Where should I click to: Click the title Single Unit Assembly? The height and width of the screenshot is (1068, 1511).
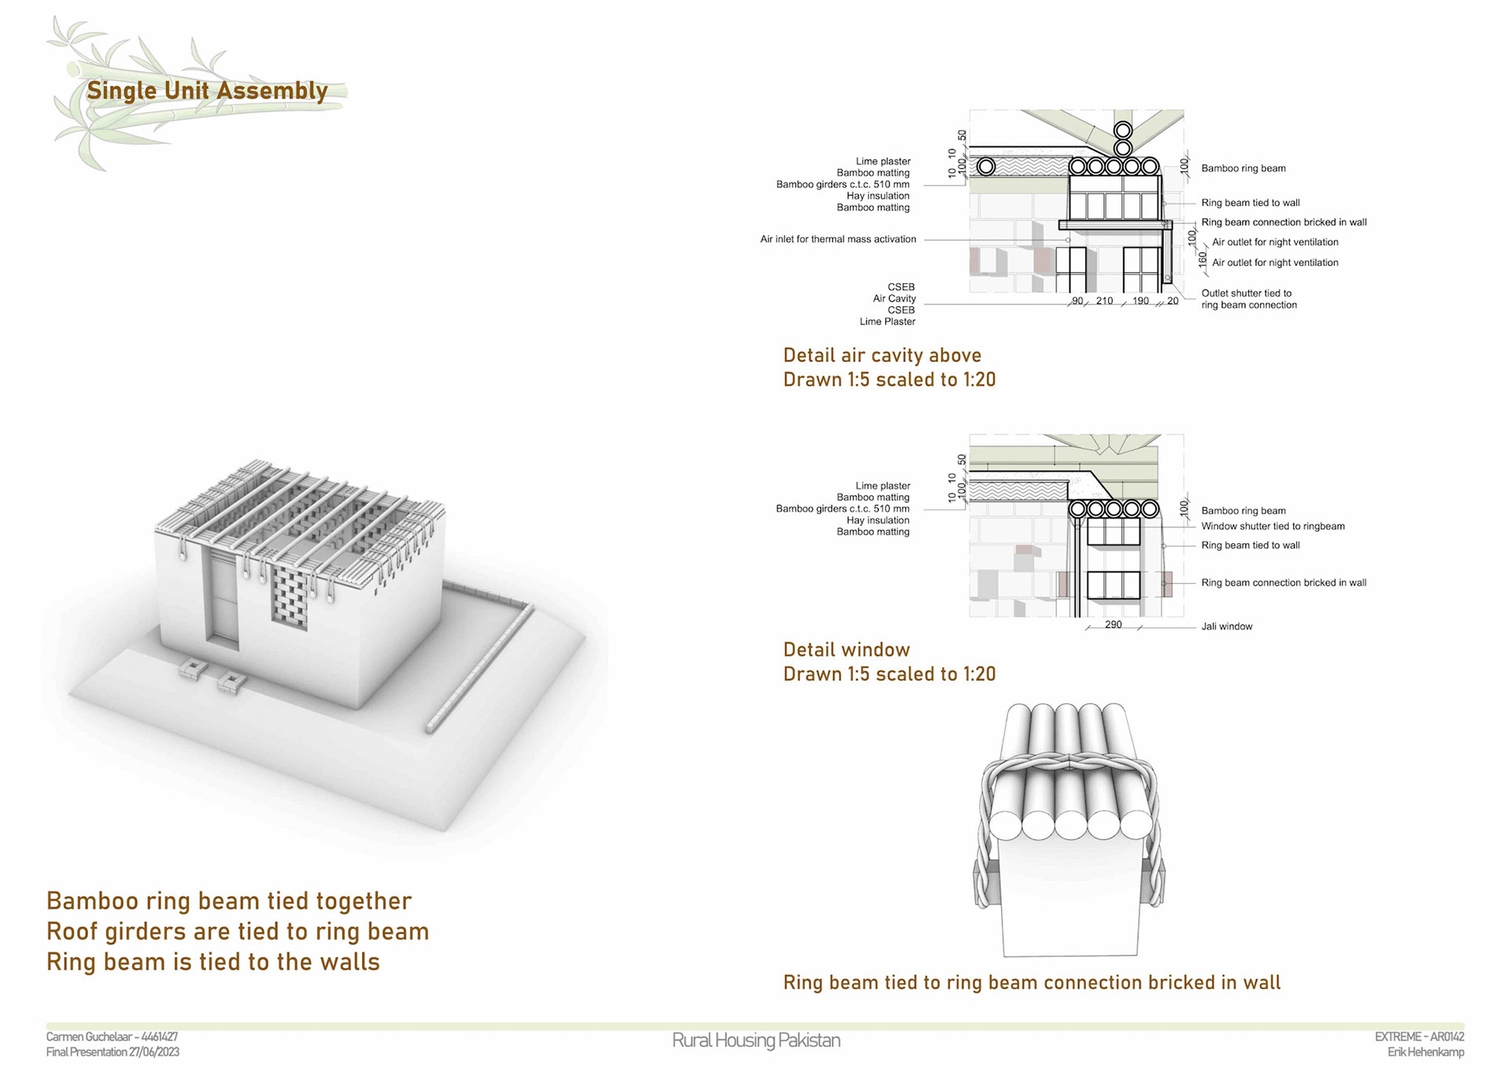click(207, 91)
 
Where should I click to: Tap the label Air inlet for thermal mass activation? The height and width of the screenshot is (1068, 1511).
click(837, 239)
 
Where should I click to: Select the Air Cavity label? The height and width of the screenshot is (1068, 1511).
click(894, 298)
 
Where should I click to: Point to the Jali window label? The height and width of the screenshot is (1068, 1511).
click(1226, 626)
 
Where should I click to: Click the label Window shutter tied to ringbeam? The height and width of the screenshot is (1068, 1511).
click(1273, 527)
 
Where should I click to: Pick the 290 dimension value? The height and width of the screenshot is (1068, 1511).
click(1113, 624)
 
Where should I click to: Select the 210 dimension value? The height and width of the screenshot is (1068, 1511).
click(1104, 301)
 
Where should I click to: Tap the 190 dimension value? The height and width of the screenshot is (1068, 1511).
click(1140, 301)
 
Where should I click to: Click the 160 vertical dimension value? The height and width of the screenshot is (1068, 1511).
click(1202, 259)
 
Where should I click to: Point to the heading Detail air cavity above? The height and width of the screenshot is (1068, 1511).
click(881, 355)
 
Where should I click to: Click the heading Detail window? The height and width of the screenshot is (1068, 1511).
click(846, 649)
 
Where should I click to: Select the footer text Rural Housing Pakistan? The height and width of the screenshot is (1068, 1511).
click(755, 1040)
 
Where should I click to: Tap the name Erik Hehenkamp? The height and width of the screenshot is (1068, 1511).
click(1425, 1052)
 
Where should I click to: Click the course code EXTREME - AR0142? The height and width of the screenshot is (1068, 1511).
click(1419, 1037)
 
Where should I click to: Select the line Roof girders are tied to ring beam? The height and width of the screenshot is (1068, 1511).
click(238, 932)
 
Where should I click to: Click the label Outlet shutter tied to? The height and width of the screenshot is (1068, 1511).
click(1246, 294)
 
